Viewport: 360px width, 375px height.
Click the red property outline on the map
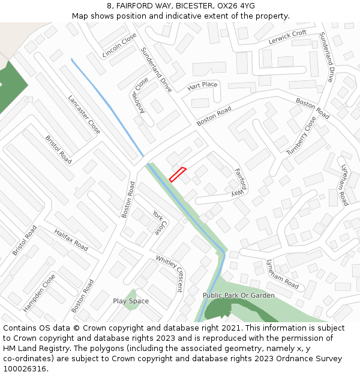[x=178, y=174]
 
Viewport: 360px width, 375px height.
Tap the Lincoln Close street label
[x=120, y=46]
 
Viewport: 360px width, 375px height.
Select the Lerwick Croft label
[x=288, y=37]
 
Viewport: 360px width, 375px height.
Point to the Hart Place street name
[x=202, y=85]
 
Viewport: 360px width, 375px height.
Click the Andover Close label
[x=140, y=94]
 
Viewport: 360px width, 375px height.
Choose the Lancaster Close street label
[x=84, y=115]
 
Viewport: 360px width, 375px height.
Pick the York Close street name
[x=160, y=222]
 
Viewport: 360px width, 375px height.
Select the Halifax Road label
[x=71, y=239]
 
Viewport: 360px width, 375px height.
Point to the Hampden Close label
[x=39, y=293]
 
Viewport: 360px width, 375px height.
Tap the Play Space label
[x=131, y=301]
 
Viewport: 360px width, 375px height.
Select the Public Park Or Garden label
[x=239, y=295]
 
